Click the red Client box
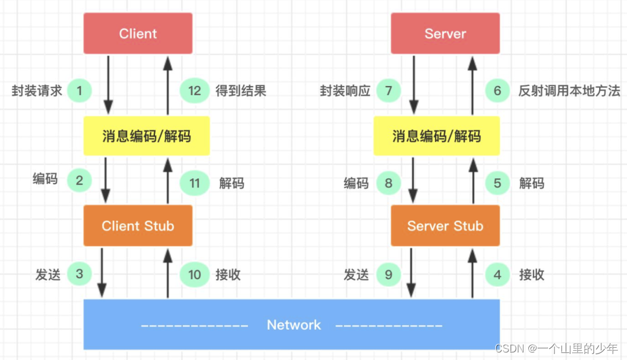(x=138, y=34)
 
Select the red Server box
(x=445, y=34)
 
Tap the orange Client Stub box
(x=138, y=226)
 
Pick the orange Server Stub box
(x=445, y=226)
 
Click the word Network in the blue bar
(x=294, y=325)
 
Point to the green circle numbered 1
(x=80, y=91)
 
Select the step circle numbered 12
(x=194, y=91)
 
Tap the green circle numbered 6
(x=498, y=91)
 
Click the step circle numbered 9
(x=388, y=274)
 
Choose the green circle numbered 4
(x=498, y=274)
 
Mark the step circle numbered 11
(x=194, y=183)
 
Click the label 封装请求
(x=37, y=91)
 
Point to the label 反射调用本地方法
(x=570, y=91)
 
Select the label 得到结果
(x=241, y=91)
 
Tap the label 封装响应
(x=345, y=91)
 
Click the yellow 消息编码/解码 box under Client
(x=147, y=136)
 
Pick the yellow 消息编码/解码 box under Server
(x=437, y=136)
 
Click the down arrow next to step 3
(x=103, y=272)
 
